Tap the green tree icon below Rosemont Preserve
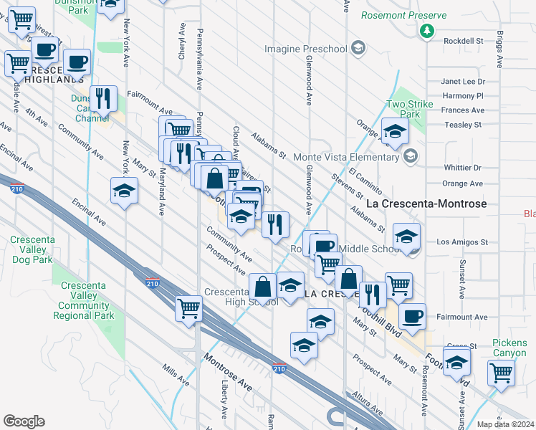point(427,31)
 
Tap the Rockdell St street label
point(464,41)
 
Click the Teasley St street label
point(463,125)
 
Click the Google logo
point(24,421)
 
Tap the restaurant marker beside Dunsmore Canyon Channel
point(104,99)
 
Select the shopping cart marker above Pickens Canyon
point(502,372)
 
